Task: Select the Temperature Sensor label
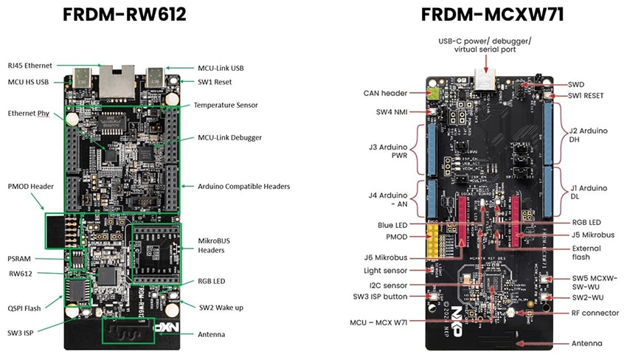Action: (x=225, y=105)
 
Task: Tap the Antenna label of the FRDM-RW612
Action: (x=212, y=334)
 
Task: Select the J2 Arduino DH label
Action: (x=587, y=136)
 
